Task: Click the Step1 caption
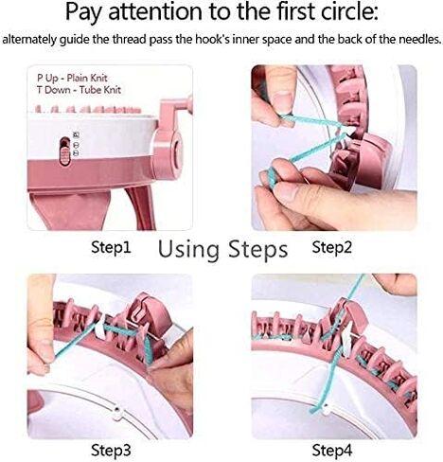point(111,247)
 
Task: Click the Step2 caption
point(331,247)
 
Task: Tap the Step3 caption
point(111,450)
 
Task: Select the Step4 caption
point(332,450)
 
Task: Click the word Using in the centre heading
point(188,250)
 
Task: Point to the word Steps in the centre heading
point(257,250)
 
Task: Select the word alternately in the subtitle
point(29,40)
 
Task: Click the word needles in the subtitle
point(419,39)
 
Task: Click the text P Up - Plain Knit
point(72,78)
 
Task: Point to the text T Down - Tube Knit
point(79,90)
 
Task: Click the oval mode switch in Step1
point(65,151)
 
